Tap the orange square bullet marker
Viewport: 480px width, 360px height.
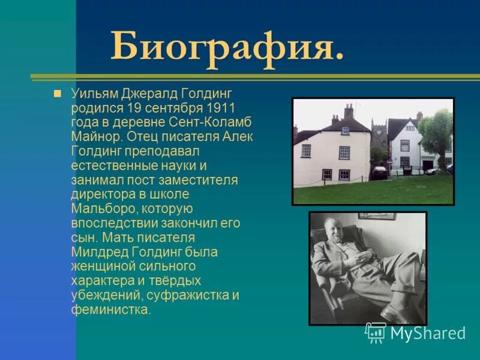(58, 94)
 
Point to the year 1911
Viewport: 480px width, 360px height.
(220, 108)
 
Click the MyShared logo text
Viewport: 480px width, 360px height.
(428, 333)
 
